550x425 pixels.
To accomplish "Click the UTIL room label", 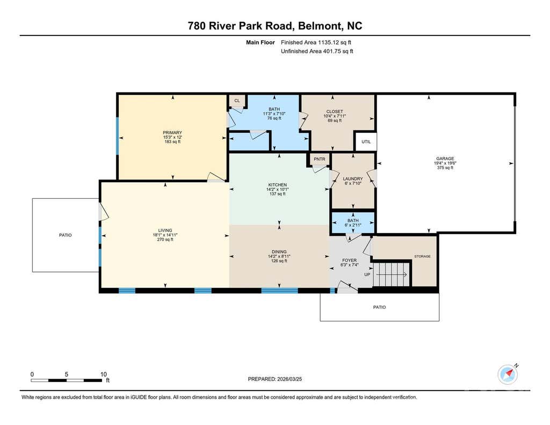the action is (x=366, y=142).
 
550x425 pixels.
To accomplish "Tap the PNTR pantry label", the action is (x=319, y=159).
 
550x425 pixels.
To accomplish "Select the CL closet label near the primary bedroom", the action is (x=237, y=100).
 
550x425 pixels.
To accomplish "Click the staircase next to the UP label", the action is (x=392, y=275).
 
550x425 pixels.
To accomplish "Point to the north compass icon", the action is (x=508, y=374).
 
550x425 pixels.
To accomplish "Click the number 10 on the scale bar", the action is (x=104, y=374).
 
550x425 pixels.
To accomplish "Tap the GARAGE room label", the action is (x=445, y=159).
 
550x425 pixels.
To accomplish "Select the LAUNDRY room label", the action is (x=353, y=178).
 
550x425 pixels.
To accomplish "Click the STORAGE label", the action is (x=422, y=256).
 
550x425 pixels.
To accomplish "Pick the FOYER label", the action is (x=349, y=261).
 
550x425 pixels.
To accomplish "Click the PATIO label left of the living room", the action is (x=65, y=235).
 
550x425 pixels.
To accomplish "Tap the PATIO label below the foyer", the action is (x=380, y=307).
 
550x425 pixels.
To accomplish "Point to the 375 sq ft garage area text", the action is (x=445, y=168).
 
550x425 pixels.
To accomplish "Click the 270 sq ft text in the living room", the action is (x=165, y=240).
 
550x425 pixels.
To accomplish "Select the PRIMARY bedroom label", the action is (x=172, y=133).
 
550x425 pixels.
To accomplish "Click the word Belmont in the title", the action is (x=321, y=26).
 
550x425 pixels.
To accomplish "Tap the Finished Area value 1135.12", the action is (x=328, y=42).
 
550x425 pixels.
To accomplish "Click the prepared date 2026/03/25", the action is (x=290, y=379).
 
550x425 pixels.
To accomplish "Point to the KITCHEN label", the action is (x=278, y=185).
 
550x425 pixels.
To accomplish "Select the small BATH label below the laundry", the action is (x=353, y=220).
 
